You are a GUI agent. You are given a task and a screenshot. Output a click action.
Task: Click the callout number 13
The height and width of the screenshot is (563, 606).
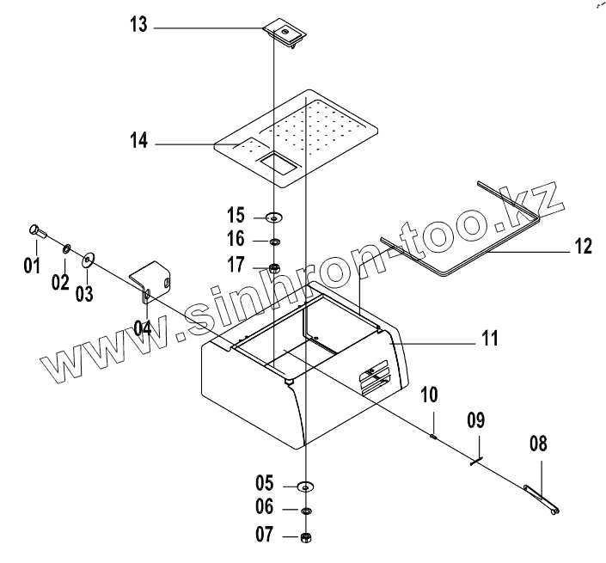point(138,27)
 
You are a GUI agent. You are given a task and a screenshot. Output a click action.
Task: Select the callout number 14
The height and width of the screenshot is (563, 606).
point(138,141)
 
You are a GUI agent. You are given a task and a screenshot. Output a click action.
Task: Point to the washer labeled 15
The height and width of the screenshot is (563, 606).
point(274,216)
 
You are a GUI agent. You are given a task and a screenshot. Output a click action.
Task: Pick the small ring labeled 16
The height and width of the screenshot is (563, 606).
point(274,242)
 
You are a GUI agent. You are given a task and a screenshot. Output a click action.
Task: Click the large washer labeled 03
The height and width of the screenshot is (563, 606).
point(89,259)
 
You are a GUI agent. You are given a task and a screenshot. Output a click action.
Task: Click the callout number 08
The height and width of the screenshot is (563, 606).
point(538,444)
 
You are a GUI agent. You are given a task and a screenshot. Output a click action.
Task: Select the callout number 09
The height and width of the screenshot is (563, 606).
point(476,421)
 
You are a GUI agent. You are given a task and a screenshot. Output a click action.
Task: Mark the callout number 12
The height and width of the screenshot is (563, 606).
point(584,247)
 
